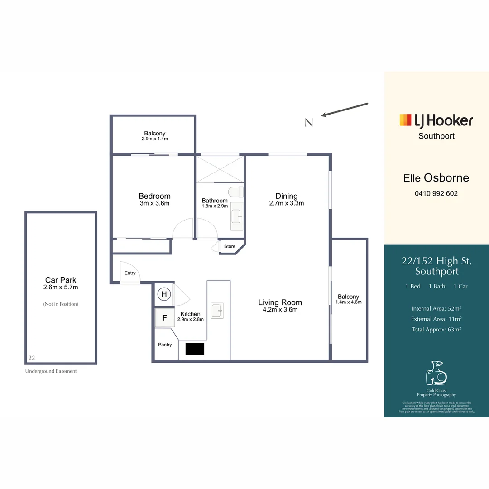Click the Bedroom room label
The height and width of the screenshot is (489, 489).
[154, 196]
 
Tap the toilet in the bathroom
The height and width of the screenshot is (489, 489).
[236, 192]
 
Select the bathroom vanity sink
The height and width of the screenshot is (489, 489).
[236, 216]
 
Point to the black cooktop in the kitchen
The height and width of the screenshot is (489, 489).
[195, 349]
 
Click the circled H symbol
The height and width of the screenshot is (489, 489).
[164, 295]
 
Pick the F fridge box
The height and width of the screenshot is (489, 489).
[165, 318]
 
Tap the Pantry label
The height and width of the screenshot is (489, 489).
[165, 345]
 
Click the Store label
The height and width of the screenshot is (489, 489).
[230, 246]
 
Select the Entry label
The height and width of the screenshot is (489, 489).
[130, 273]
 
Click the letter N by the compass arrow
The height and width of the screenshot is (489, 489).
[309, 122]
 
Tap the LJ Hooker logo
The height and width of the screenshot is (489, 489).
[436, 120]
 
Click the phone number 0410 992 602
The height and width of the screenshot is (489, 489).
[436, 193]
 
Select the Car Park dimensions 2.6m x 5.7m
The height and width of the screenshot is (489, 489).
[61, 287]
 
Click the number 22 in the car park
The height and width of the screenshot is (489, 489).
[32, 357]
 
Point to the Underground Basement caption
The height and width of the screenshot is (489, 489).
[51, 371]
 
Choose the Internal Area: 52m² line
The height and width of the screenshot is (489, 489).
[436, 309]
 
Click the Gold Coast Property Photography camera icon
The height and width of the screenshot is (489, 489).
[436, 373]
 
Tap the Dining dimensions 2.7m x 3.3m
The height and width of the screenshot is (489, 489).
[287, 203]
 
